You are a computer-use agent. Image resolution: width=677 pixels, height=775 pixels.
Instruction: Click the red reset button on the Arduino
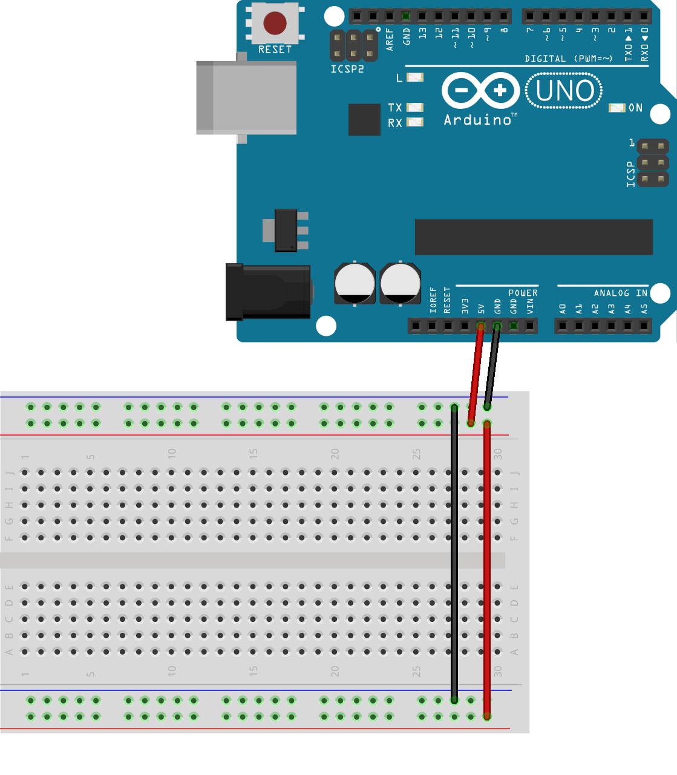pos(275,24)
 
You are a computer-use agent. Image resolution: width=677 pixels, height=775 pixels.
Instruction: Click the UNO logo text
pos(564,91)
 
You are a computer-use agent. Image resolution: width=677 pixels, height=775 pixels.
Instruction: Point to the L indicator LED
pos(415,77)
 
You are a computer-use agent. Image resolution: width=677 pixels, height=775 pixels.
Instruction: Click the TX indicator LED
pos(415,108)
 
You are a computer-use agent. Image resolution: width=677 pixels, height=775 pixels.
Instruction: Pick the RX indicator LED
pos(415,122)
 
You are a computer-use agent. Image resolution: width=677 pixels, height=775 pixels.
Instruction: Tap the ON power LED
pos(616,108)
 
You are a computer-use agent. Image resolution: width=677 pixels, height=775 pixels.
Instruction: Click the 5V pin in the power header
pos(481,326)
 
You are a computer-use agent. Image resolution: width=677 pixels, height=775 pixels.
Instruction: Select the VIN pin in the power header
pos(530,326)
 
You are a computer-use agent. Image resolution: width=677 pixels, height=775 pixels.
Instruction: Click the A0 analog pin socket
pos(563,326)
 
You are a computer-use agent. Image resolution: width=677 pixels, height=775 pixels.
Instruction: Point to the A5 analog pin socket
pos(644,326)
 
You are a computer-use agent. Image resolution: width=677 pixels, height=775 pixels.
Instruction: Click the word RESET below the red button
pos(275,50)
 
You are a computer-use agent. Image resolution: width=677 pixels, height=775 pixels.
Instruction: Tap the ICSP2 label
pos(347,69)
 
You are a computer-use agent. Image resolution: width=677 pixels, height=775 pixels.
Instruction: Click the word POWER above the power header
pos(523,293)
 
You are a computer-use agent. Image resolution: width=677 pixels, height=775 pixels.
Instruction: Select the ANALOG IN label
pos(620,293)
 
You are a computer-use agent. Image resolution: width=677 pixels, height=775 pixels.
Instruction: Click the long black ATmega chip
pos(534,237)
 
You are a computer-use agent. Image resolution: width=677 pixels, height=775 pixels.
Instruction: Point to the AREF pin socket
pos(390,16)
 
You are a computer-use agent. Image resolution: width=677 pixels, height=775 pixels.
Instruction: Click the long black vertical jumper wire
pos(454,554)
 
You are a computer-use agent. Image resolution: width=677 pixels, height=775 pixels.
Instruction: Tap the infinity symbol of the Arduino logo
pos(481,91)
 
